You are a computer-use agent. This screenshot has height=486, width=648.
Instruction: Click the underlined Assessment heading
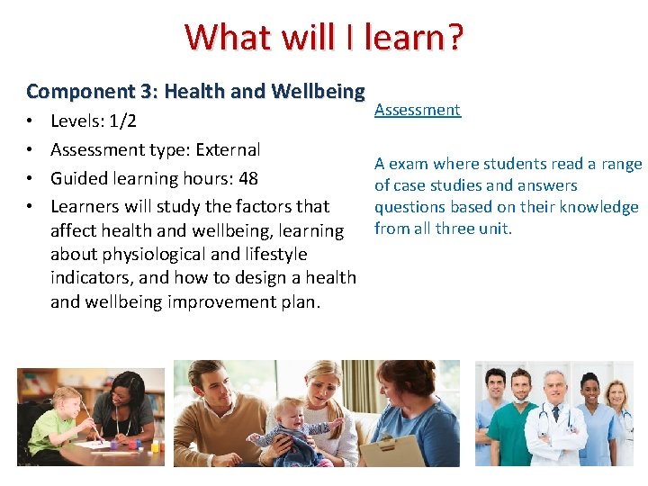pyautogui.click(x=418, y=110)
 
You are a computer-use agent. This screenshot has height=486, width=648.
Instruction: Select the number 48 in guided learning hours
pyautogui.click(x=247, y=178)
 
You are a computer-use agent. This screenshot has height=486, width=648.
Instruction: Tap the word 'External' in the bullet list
pyautogui.click(x=227, y=149)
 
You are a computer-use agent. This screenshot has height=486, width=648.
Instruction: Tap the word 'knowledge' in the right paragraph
pyautogui.click(x=602, y=207)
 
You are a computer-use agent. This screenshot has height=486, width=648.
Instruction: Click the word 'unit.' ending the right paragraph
pyautogui.click(x=494, y=229)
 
